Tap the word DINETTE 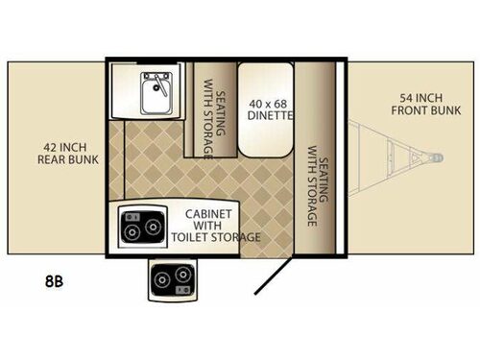[x=269, y=116]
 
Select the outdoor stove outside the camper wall [x=174, y=279]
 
